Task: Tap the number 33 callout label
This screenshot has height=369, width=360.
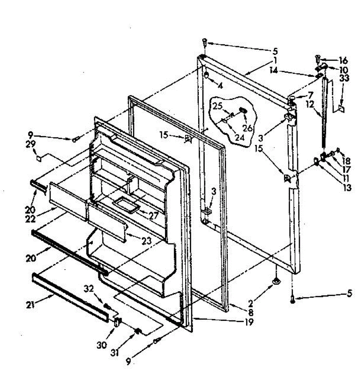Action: [x=345, y=78]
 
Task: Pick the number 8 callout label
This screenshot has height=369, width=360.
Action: [x=251, y=313]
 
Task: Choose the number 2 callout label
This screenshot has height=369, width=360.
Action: [x=251, y=304]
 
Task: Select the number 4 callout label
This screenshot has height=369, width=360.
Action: [x=220, y=86]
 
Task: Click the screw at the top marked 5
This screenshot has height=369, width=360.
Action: [x=205, y=42]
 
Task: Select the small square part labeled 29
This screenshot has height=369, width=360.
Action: [x=39, y=158]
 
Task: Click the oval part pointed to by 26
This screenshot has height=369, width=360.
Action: [x=242, y=110]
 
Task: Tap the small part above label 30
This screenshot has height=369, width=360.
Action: [x=117, y=322]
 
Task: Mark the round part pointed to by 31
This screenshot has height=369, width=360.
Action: [x=138, y=331]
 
